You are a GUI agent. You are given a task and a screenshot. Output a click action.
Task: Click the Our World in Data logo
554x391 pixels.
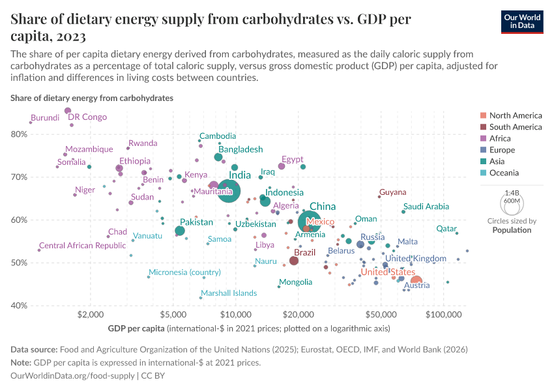tap(522, 22)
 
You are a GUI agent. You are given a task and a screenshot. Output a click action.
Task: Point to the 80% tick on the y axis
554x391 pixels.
tap(20, 134)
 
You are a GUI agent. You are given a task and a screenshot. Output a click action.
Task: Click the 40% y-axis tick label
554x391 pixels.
tap(20, 306)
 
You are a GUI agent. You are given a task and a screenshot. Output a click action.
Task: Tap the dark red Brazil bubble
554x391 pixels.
tap(294, 261)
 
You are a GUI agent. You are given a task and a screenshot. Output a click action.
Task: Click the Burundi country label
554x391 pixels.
tap(45, 118)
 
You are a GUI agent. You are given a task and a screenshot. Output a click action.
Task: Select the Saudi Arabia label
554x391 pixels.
tap(426, 207)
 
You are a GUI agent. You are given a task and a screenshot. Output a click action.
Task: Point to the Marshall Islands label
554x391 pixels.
tap(229, 293)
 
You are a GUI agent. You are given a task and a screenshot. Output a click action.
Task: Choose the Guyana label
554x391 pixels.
tap(392, 192)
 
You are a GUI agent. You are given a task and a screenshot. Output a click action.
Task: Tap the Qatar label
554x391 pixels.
tap(446, 229)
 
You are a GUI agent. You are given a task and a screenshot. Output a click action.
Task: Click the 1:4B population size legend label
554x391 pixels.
tap(512, 193)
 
